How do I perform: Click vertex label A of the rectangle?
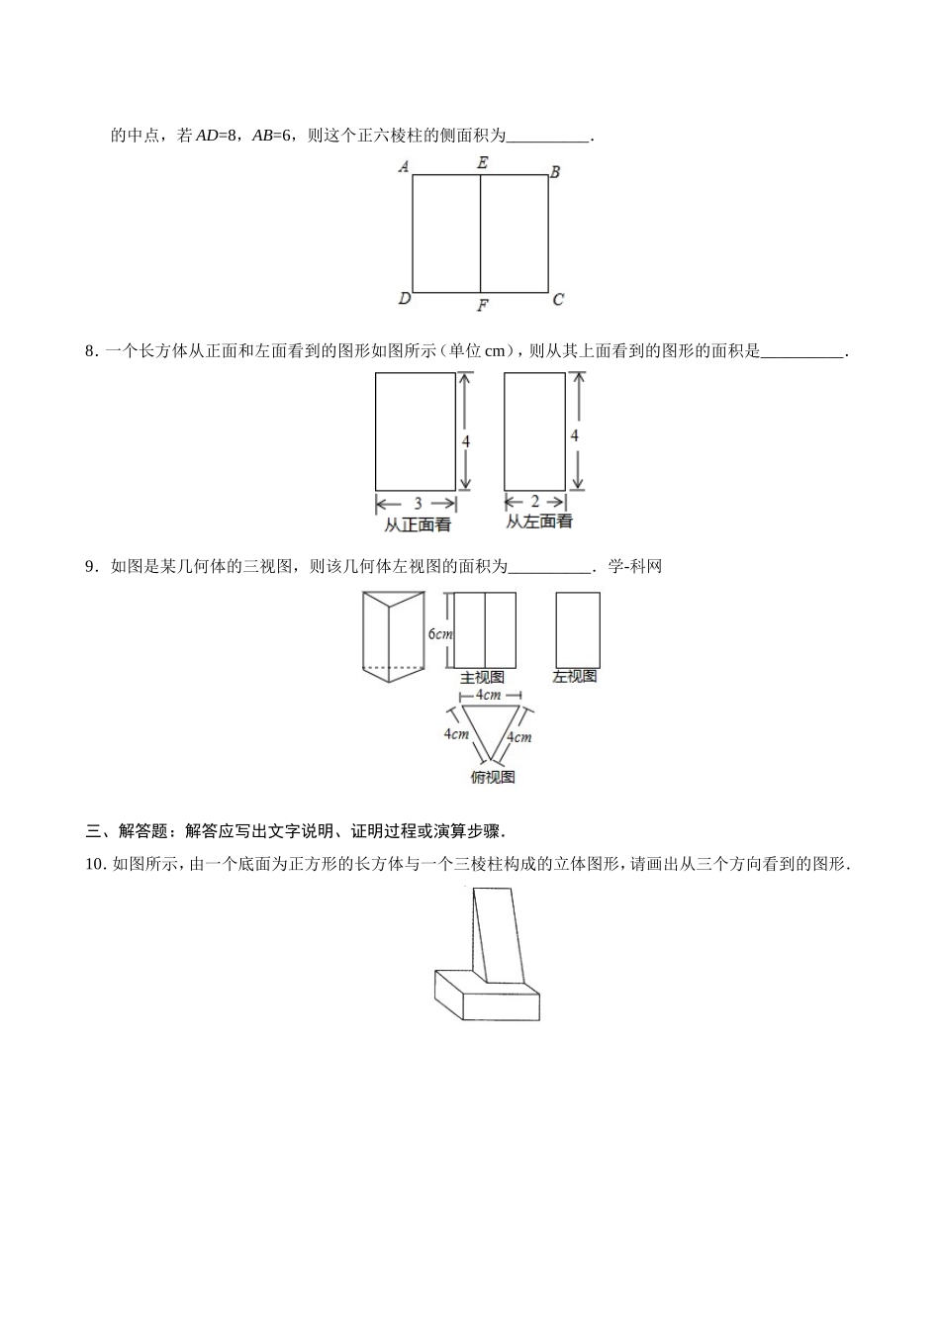coord(404,166)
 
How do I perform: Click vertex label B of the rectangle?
coord(555,172)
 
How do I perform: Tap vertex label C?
coord(558,299)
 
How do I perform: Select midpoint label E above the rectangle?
coord(482,162)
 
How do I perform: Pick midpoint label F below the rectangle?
coord(482,306)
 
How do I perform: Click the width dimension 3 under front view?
coord(418,503)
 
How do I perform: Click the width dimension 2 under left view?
coord(535,502)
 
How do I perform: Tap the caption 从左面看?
coord(539,522)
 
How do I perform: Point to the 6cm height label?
coord(440,633)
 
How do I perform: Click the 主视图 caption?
coord(483,678)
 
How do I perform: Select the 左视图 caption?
coord(575,677)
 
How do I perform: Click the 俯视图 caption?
coord(493,778)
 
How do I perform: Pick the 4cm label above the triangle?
coord(488,696)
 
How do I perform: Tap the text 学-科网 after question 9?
coord(634,566)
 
